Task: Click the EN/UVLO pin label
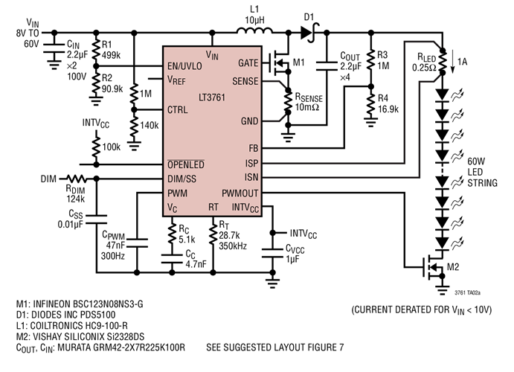point(187,66)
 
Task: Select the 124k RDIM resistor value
point(74,199)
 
